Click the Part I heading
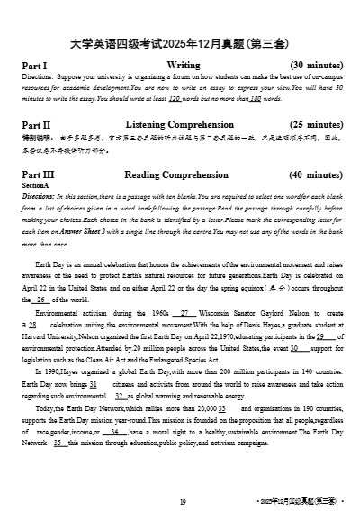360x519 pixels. click(x=34, y=66)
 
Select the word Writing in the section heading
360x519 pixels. click(x=184, y=66)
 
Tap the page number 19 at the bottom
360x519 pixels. click(x=182, y=502)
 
